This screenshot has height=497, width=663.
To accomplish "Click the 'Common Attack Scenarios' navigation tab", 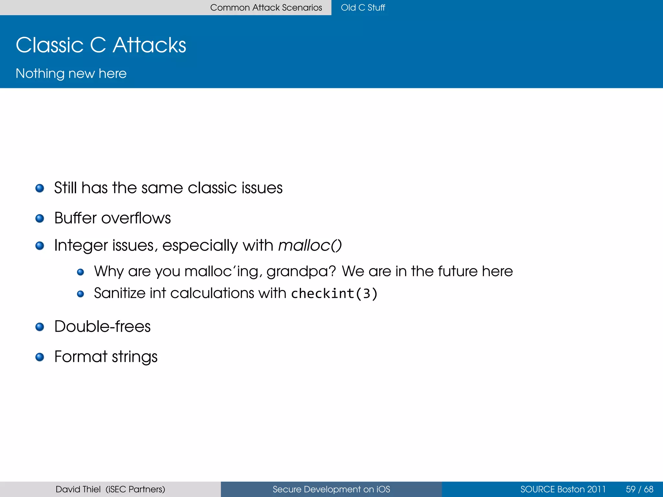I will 266,7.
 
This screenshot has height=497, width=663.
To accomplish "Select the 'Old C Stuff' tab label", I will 363,7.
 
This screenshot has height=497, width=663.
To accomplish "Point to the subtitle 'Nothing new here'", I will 71,73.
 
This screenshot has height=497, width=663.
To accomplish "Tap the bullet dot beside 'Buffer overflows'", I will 40,218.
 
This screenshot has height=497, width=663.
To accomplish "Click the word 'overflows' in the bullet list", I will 136,218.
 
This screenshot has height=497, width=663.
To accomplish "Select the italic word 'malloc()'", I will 310,245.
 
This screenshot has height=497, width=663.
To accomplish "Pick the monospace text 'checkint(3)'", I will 334,293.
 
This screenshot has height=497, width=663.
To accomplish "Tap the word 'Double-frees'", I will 102,326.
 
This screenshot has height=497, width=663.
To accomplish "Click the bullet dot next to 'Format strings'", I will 40,357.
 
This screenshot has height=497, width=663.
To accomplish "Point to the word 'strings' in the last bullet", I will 135,357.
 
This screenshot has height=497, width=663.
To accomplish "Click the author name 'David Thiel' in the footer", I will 78,489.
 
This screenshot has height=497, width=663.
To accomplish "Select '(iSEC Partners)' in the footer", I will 135,489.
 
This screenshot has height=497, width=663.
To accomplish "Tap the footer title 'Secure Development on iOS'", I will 331,489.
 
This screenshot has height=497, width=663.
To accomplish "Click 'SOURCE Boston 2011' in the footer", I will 563,489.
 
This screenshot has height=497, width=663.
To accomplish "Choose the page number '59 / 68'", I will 639,489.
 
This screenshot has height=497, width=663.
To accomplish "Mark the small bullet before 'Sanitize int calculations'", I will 81,294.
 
